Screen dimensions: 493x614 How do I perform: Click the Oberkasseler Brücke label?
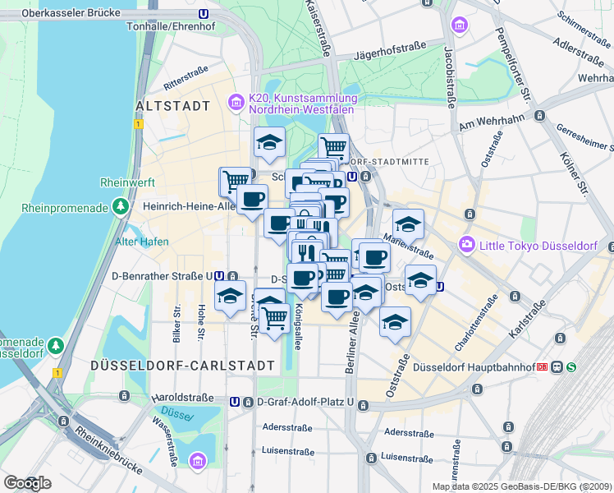click(71, 13)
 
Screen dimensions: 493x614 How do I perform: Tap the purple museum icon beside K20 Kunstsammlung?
click(236, 103)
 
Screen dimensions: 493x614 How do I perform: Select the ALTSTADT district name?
click(172, 106)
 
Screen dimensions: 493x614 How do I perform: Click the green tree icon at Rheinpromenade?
click(121, 205)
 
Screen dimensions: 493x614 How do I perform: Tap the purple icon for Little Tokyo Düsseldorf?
click(467, 243)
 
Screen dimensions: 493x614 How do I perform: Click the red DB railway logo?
click(541, 366)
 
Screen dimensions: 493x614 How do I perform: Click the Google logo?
click(27, 483)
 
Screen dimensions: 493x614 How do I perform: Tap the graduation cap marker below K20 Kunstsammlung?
click(269, 143)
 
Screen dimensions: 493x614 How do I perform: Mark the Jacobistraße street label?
click(449, 76)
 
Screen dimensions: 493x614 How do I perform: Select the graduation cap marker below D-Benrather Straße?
click(230, 295)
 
